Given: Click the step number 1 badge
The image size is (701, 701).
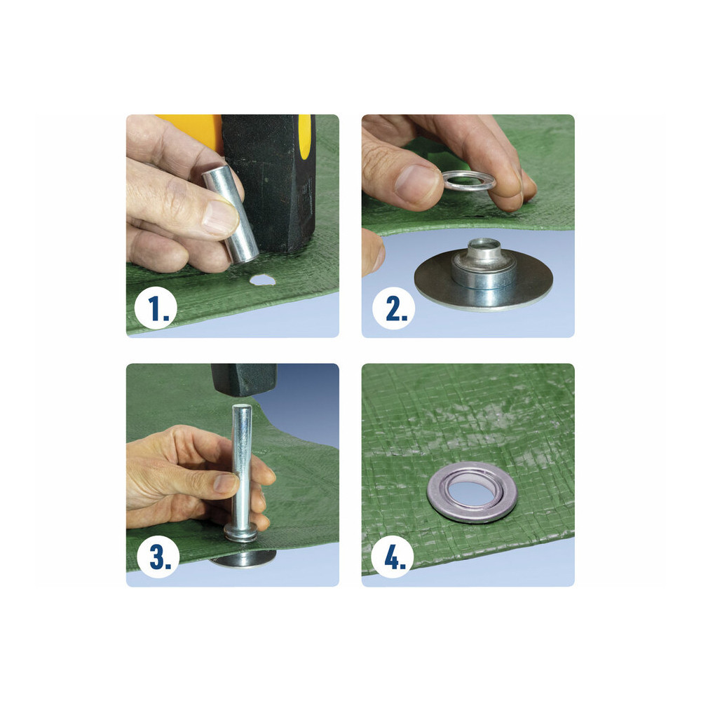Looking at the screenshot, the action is coord(156,308).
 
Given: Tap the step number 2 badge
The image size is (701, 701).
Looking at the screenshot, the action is coord(393,308).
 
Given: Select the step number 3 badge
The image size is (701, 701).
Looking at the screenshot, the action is coord(158,557).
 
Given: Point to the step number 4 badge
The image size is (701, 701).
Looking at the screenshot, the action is coord(393,557).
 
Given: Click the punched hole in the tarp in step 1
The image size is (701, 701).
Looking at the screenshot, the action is coord(261,280).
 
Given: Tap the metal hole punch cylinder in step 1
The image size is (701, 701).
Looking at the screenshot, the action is coord(230,214).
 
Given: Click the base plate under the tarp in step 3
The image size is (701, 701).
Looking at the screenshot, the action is coord(244,559).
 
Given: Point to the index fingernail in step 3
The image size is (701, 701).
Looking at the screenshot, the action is coord(224,483).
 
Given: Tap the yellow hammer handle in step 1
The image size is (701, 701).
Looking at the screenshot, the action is coord(190,130).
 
